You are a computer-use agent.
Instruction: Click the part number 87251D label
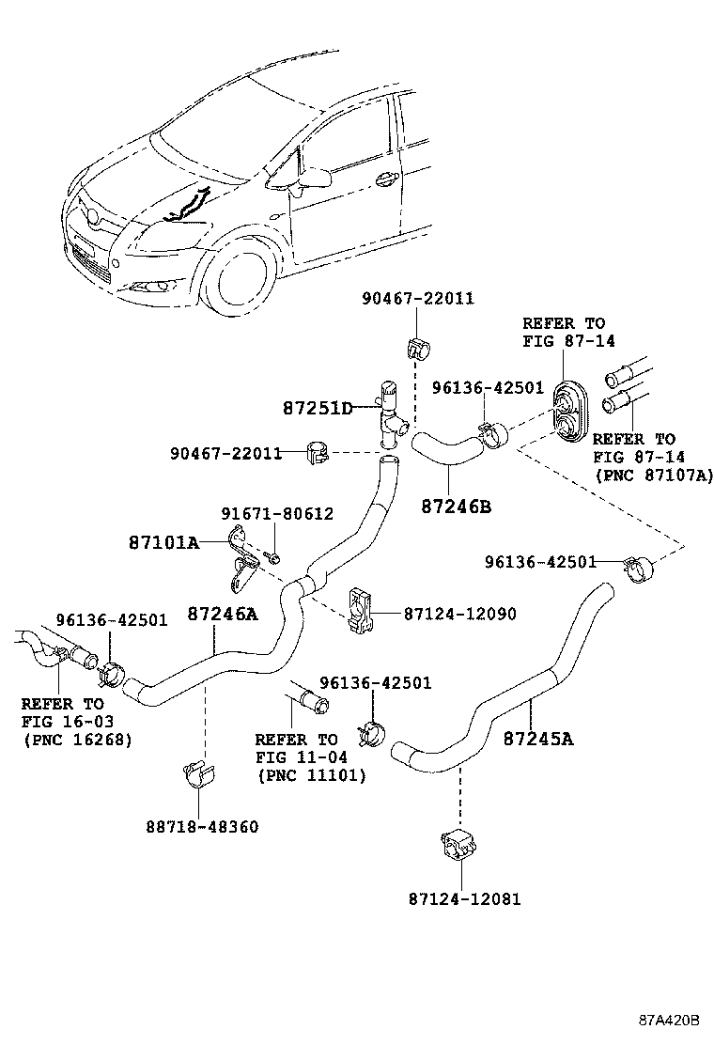(x=318, y=409)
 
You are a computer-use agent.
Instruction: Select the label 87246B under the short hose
(x=457, y=506)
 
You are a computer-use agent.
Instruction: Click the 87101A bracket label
(x=163, y=542)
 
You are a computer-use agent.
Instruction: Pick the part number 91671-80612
(x=277, y=514)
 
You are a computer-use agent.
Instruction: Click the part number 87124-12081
(x=464, y=899)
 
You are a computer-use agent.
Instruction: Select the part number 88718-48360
(x=202, y=827)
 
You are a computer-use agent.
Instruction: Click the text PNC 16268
(x=77, y=740)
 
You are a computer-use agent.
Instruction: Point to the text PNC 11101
(x=312, y=775)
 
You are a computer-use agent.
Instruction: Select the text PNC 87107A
(x=654, y=476)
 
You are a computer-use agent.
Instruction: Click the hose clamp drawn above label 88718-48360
(x=199, y=774)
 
